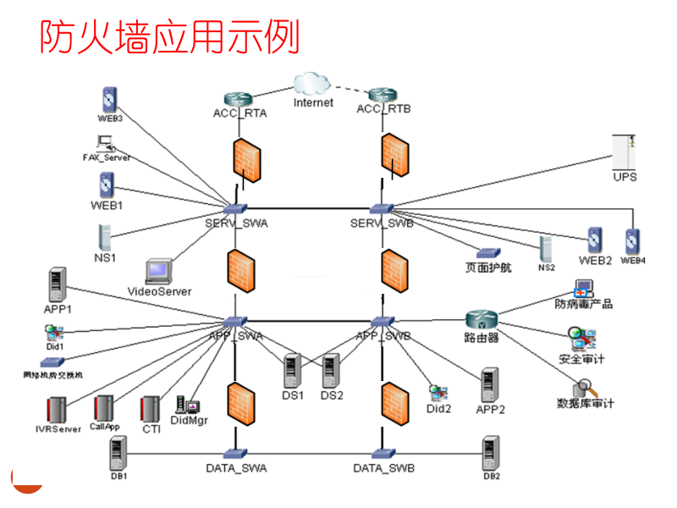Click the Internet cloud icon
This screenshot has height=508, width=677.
pyautogui.click(x=312, y=84)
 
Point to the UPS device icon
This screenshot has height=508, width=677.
pyautogui.click(x=625, y=152)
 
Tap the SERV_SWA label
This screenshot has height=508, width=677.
pyautogui.click(x=236, y=223)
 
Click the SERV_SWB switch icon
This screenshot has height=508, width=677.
pyautogui.click(x=382, y=208)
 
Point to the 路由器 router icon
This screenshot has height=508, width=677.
pyautogui.click(x=482, y=320)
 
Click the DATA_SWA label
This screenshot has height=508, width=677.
pyautogui.click(x=237, y=467)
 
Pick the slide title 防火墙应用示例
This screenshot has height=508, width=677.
pyautogui.click(x=170, y=36)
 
